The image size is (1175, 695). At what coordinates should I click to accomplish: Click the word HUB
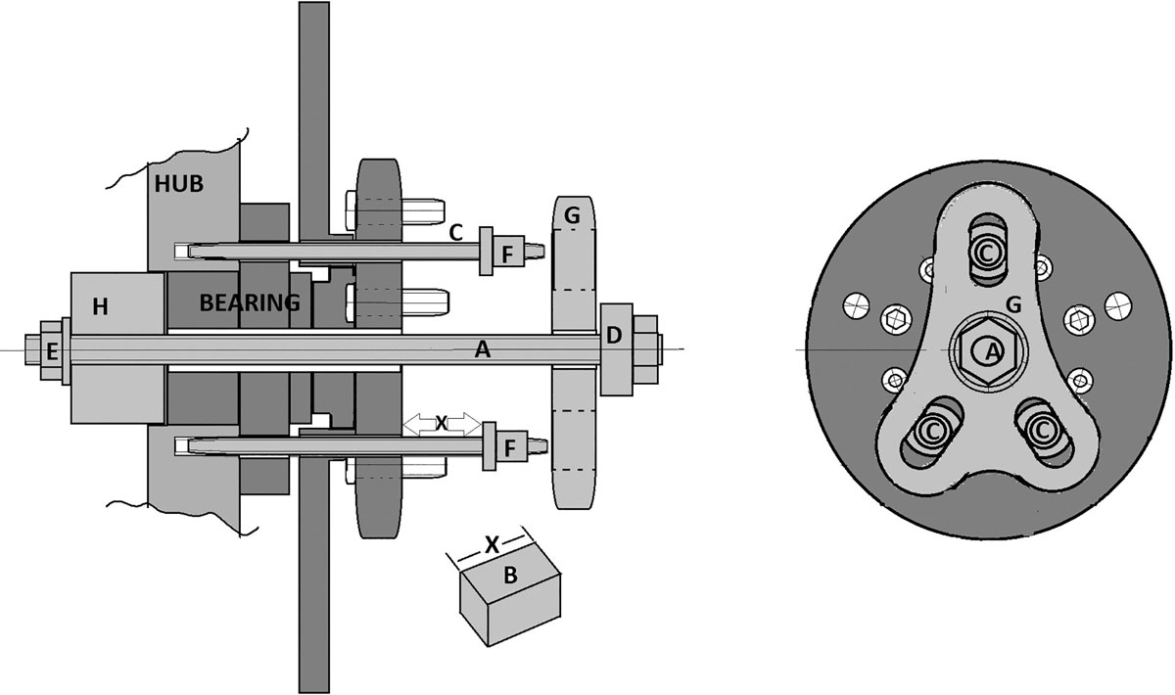(x=179, y=184)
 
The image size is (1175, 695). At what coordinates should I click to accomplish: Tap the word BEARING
(x=250, y=302)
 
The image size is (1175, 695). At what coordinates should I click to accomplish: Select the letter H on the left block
(x=100, y=306)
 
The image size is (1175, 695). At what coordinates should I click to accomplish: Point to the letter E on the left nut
(x=52, y=352)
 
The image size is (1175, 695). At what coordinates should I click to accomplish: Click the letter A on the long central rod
(x=483, y=349)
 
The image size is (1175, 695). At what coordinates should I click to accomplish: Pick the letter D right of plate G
(x=614, y=336)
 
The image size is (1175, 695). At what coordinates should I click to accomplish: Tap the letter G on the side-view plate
(x=572, y=215)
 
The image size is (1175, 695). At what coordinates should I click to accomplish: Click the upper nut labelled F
(x=507, y=255)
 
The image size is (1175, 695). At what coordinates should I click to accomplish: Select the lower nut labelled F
(x=509, y=448)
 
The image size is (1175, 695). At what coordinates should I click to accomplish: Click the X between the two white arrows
(x=442, y=423)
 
